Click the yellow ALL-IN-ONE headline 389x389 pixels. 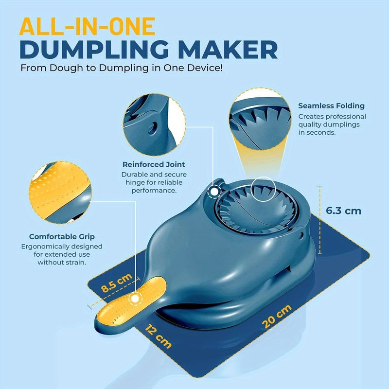(88, 27)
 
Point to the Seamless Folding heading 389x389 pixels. (332, 106)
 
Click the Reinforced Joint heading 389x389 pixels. (154, 164)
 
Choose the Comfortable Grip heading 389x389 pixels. (62, 237)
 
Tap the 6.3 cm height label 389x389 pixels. (343, 211)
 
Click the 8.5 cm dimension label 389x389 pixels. (117, 283)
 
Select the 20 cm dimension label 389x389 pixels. (277, 317)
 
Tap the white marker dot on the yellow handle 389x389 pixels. (135, 299)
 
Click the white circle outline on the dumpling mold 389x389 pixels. (264, 177)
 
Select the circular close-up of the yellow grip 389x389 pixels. (60, 193)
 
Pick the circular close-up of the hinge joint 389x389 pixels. (154, 125)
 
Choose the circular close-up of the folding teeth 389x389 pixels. (260, 119)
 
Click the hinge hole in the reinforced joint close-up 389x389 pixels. (153, 128)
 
